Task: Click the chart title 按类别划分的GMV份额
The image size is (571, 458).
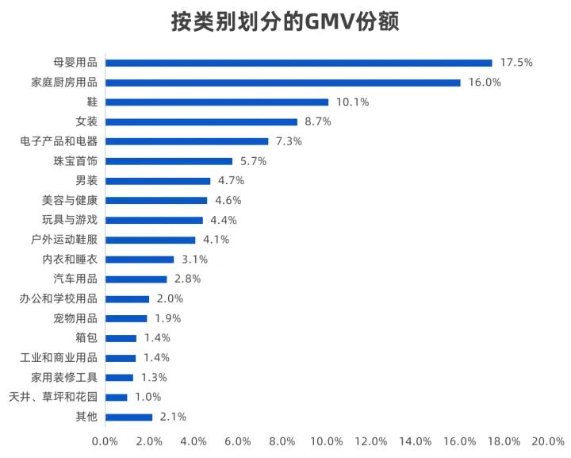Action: pos(285,22)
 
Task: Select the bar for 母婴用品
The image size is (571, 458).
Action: pos(298,63)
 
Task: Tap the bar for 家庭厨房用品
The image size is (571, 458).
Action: pos(282,83)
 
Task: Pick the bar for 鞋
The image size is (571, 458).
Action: pos(217,102)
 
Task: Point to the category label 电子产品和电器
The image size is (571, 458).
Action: pos(58,141)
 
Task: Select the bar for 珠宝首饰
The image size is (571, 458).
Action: pos(169,161)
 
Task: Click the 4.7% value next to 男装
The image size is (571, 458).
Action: pos(231,180)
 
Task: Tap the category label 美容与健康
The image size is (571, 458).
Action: pos(69,200)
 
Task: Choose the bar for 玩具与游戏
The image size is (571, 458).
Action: pos(154,220)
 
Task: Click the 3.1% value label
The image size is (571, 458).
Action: pos(194,260)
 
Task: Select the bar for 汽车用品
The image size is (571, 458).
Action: pos(136,279)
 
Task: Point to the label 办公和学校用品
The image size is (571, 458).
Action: pos(58,298)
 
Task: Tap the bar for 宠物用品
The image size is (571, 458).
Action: pos(126,318)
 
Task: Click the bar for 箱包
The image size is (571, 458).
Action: pos(121,338)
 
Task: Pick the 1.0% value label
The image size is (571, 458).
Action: pos(148,397)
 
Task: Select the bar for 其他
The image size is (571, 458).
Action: pos(128,417)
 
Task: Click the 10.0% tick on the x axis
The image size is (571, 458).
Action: pos(327,441)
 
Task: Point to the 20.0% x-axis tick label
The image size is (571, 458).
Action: pos(548,441)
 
